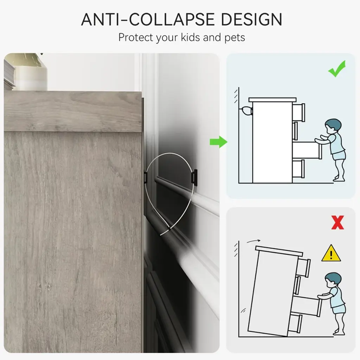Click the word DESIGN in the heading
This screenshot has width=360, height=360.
[251, 20]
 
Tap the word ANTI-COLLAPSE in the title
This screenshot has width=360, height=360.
[148, 20]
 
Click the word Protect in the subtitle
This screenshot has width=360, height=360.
[135, 37]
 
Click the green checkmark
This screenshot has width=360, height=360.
[337, 69]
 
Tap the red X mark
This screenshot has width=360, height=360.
[337, 222]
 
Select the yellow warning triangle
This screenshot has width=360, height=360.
[331, 253]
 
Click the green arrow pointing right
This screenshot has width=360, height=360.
[219, 142]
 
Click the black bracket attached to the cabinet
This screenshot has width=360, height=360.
[146, 177]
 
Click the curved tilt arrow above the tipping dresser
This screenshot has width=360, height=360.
[253, 241]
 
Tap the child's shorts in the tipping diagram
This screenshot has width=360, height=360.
[339, 309]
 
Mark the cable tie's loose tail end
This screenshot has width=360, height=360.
[165, 232]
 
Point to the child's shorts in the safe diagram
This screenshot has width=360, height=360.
[339, 155]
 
